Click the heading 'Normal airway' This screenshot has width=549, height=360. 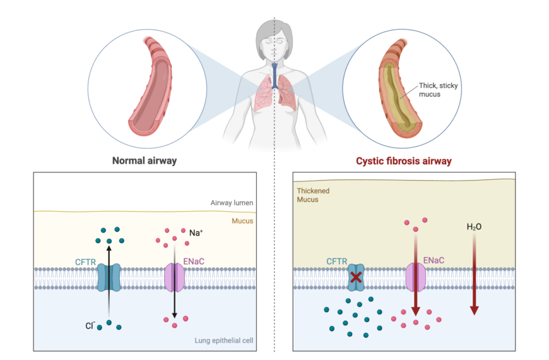144,160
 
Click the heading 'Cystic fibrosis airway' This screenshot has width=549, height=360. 404,161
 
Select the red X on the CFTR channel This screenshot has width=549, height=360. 357,277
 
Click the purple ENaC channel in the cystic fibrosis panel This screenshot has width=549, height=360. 415,277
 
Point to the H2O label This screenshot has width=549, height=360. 474,225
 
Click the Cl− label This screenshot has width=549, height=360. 91,327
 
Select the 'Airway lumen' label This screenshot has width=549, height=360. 232,203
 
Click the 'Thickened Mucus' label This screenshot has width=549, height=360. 313,195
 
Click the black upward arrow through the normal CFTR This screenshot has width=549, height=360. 109,278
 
